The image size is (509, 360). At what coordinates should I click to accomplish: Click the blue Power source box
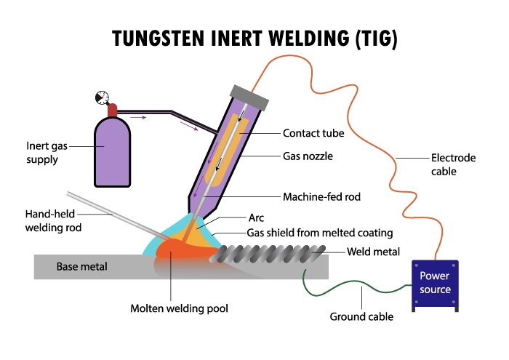(x=435, y=284)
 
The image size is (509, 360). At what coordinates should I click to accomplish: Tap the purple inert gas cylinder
(x=113, y=153)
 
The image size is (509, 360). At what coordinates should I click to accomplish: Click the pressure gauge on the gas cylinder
(x=100, y=97)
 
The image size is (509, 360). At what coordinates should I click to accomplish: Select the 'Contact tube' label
(x=313, y=134)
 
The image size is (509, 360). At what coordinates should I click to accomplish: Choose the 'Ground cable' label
(x=361, y=316)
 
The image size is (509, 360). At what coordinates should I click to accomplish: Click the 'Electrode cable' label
(x=453, y=164)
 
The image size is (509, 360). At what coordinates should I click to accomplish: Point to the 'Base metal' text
(x=81, y=267)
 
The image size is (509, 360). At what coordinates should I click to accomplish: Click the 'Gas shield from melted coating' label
(x=320, y=233)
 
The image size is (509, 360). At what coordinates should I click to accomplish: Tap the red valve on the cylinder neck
(x=112, y=110)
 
